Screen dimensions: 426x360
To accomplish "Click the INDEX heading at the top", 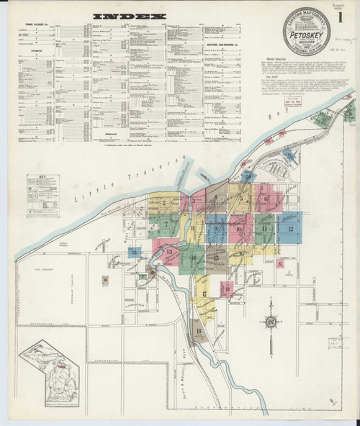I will tap(135, 15).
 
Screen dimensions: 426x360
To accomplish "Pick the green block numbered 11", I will tap(265, 230).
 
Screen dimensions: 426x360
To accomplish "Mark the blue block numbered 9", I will tap(217, 229).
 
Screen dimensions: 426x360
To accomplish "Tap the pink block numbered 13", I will tap(170, 253).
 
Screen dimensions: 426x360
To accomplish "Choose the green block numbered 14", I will tap(193, 256).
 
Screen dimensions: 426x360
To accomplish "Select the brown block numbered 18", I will tap(198, 332).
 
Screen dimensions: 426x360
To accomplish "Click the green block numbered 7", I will tap(168, 224).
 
